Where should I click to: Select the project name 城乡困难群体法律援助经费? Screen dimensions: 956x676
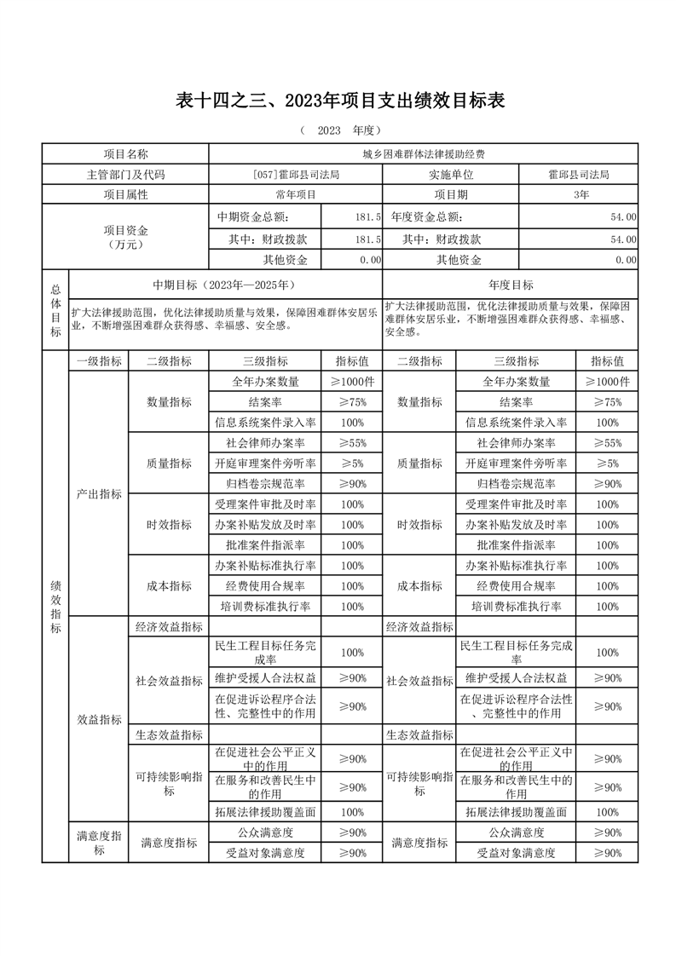coord(424,154)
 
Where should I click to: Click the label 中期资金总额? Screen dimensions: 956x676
coord(258,218)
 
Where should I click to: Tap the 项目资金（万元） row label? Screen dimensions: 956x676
coord(125,238)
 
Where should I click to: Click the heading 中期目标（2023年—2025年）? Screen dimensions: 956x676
coord(225,285)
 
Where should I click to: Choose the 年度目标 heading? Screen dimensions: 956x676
coord(511,285)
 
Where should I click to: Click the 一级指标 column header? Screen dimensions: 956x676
coord(98,361)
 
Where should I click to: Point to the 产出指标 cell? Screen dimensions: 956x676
coord(98,494)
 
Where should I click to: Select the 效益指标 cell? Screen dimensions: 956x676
coord(98,719)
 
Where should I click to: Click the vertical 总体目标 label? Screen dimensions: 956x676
coord(55,310)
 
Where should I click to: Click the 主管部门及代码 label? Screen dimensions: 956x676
coord(125,175)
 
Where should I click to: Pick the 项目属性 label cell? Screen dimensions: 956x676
coord(125,195)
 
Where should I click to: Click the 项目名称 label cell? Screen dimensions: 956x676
coord(125,154)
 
